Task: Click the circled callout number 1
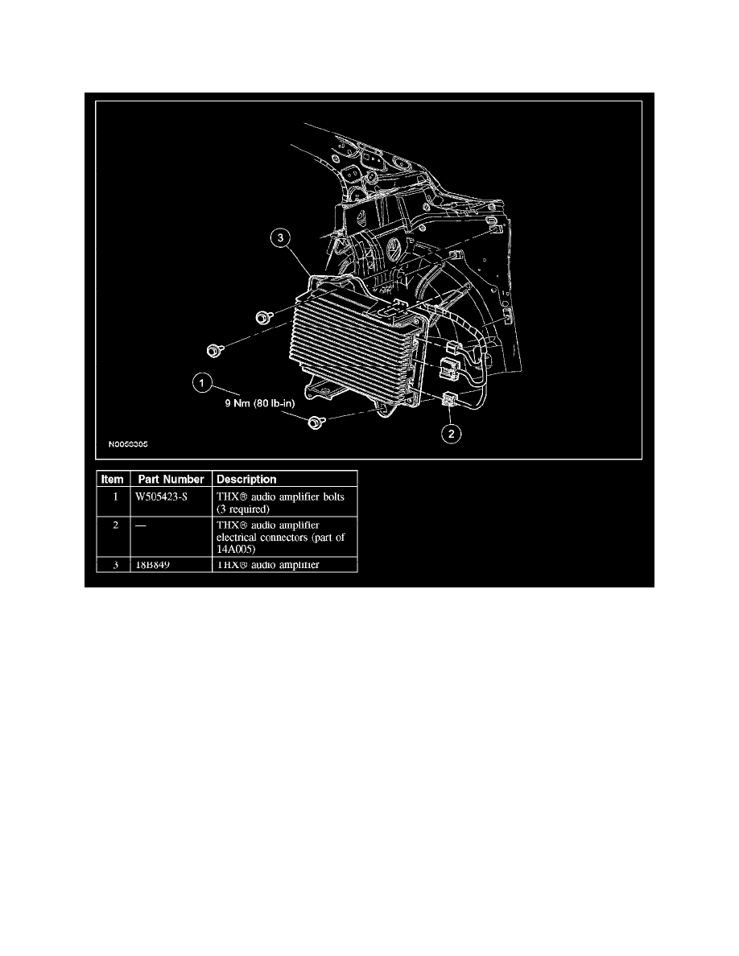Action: (x=202, y=384)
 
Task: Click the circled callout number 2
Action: (x=451, y=434)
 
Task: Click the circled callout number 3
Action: (x=280, y=237)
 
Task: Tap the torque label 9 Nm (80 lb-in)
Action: (x=260, y=403)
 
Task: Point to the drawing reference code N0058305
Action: (x=128, y=444)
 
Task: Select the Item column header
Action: (x=113, y=480)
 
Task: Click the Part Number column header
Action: (x=171, y=480)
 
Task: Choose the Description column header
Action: (x=246, y=480)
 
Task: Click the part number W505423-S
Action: (x=161, y=497)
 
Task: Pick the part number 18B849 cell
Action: (x=152, y=565)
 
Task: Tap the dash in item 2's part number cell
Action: (x=140, y=525)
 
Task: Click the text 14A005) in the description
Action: (x=236, y=550)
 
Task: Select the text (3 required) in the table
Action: (x=242, y=509)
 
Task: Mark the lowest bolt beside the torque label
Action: (x=316, y=422)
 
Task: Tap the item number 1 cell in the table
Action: (x=115, y=497)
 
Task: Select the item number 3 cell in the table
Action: (x=115, y=565)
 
